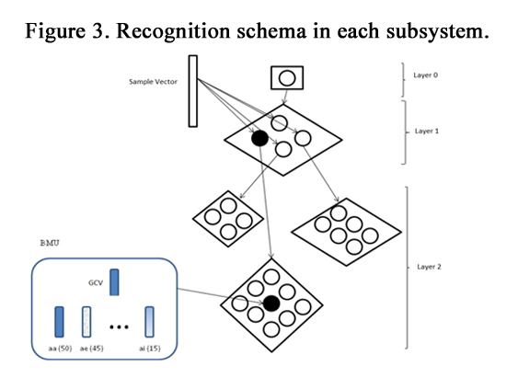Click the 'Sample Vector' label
tap(153, 82)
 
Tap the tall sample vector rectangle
tap(193, 91)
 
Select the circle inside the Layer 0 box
tap(287, 78)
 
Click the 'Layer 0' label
tap(425, 75)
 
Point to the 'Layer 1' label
tap(427, 132)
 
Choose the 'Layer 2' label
tap(429, 267)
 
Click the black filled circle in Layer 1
tap(260, 138)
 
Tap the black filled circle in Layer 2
tap(271, 303)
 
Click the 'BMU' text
tap(50, 243)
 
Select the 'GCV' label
tap(96, 283)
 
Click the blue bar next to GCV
tap(114, 282)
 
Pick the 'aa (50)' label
tap(60, 349)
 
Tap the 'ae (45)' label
tap(91, 349)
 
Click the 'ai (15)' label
tap(150, 349)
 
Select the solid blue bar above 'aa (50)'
tap(59, 322)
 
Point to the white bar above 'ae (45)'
tap(86, 322)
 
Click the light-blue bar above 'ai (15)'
tap(149, 322)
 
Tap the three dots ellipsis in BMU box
tap(119, 326)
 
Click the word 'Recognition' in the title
tap(174, 31)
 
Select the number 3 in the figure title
tap(98, 31)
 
